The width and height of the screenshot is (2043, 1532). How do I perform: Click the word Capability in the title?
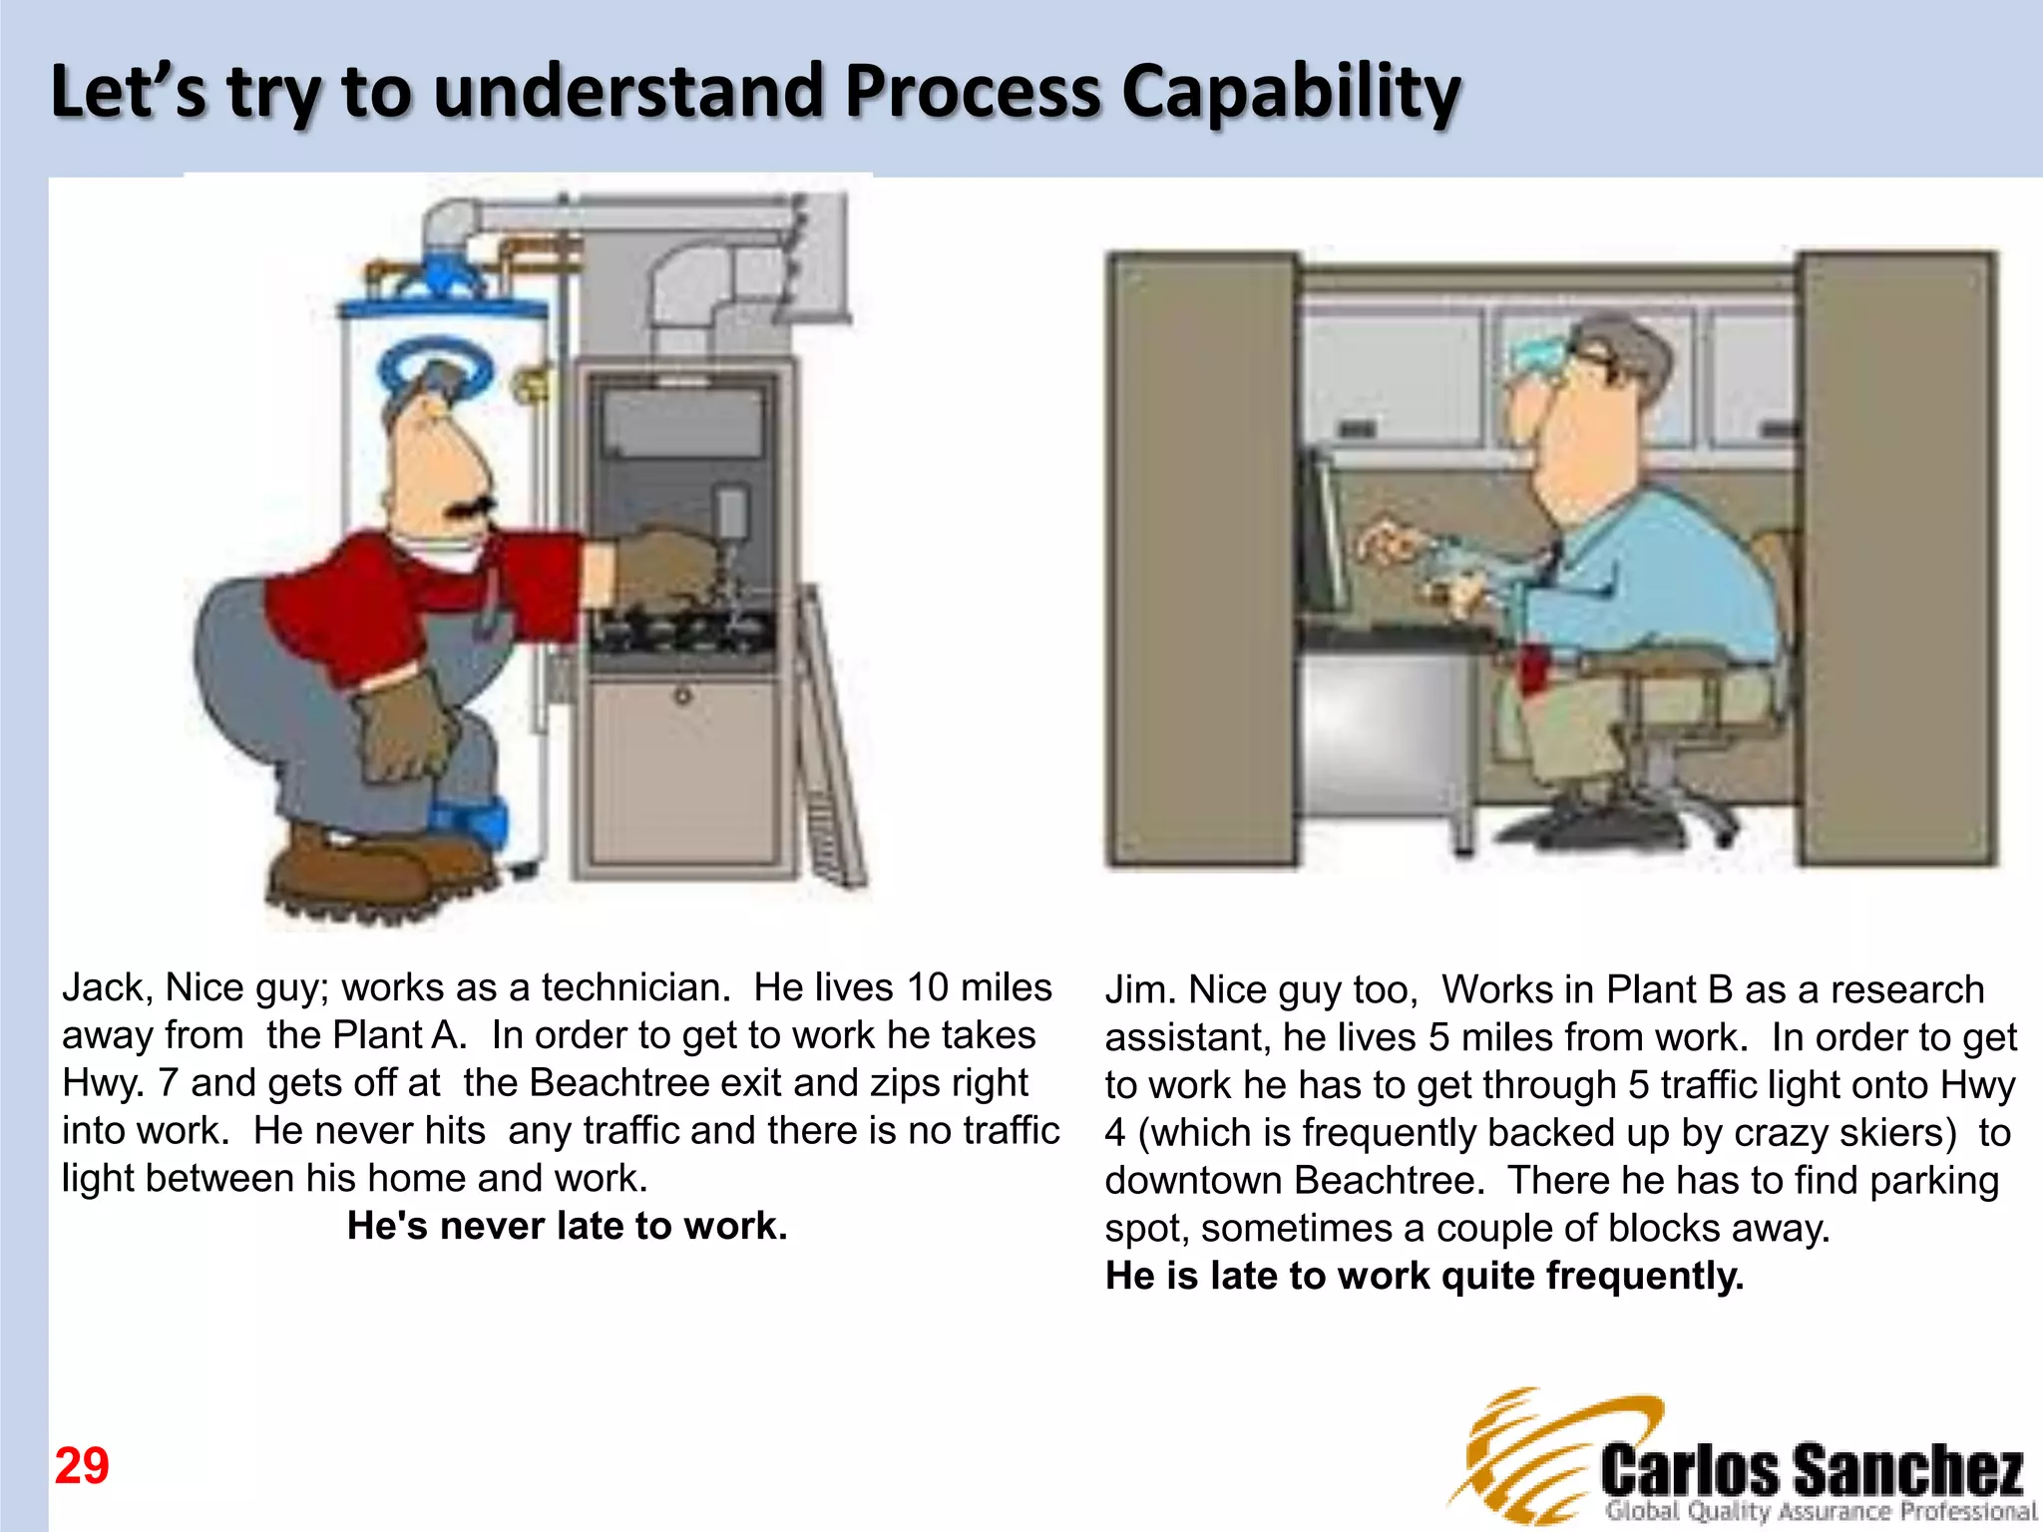tap(1291, 92)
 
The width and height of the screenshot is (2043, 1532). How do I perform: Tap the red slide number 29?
tap(82, 1466)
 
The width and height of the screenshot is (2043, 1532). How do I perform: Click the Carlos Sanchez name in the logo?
tap(1812, 1470)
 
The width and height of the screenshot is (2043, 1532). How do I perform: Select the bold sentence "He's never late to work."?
tap(567, 1226)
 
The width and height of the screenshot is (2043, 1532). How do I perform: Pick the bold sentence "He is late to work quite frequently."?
tap(1425, 1276)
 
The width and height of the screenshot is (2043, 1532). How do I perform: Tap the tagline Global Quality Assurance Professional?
tap(1820, 1511)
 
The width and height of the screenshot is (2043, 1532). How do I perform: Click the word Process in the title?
tap(973, 92)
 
